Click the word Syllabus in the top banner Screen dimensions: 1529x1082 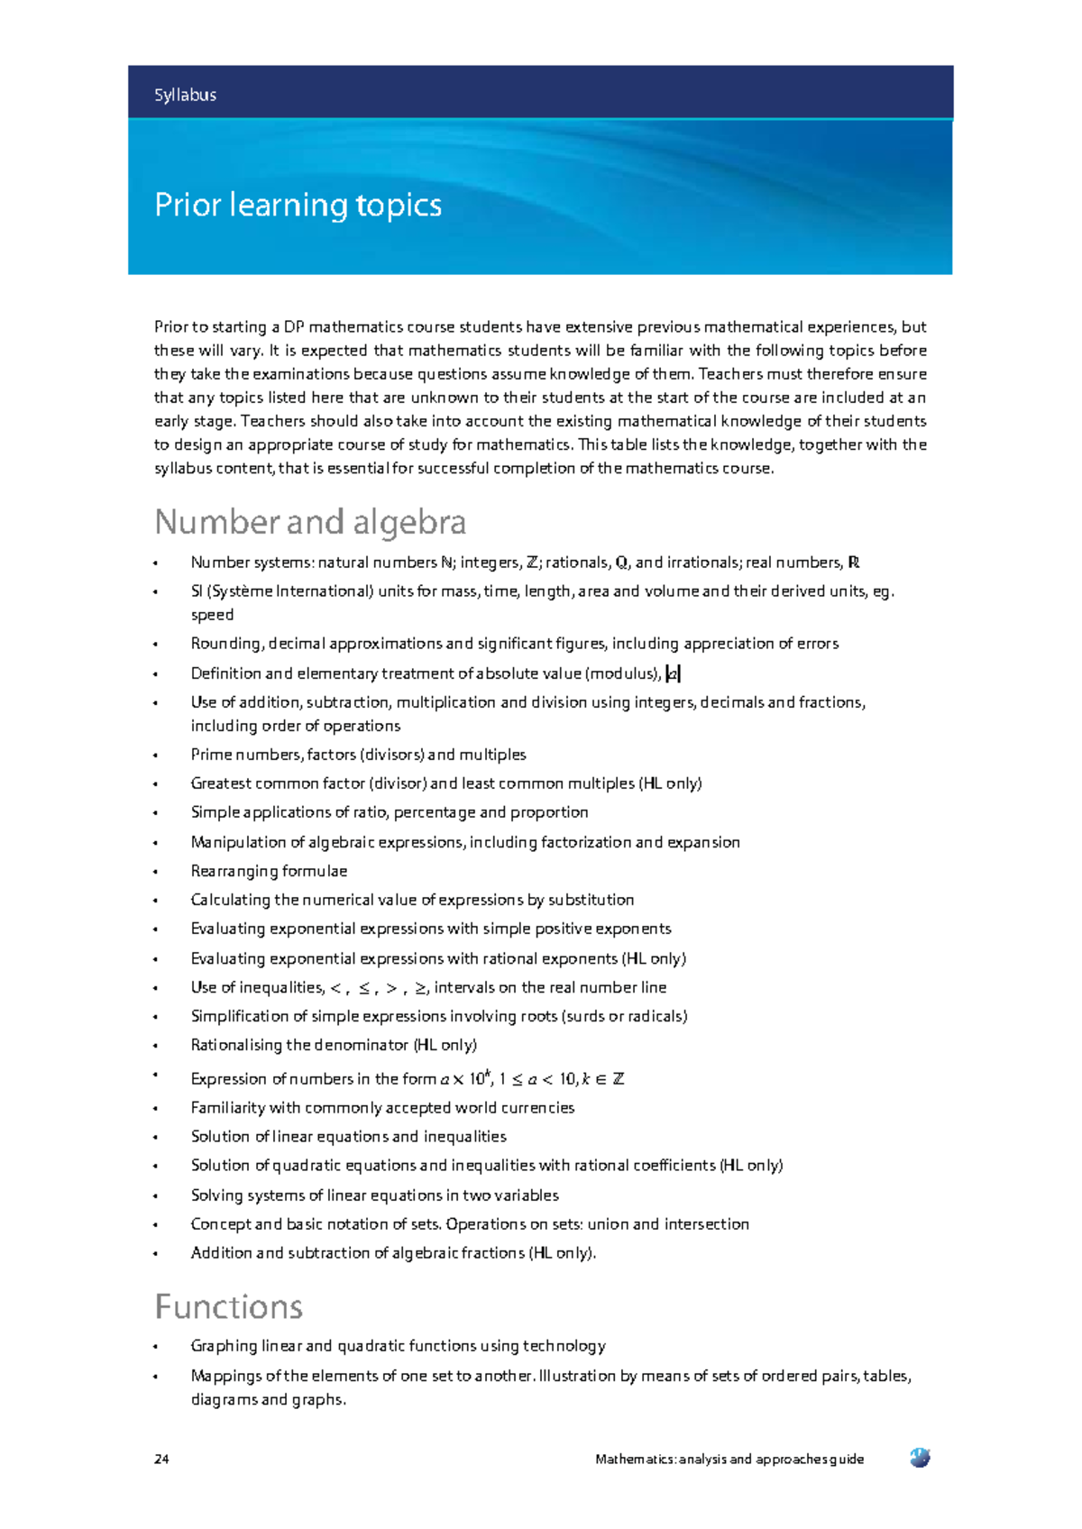tap(185, 95)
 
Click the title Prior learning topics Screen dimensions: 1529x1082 tap(298, 206)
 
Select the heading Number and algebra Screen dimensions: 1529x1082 tap(310, 523)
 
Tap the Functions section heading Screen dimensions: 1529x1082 tap(228, 1307)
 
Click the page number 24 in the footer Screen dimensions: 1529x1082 tap(161, 1459)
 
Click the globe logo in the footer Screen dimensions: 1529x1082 tap(920, 1457)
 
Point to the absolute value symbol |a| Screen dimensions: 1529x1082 tap(673, 673)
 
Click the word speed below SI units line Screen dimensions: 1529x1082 tap(212, 615)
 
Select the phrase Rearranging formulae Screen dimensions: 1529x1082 tap(269, 871)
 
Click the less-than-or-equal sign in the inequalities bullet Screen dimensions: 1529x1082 tap(363, 988)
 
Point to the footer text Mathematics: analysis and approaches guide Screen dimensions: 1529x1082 tap(729, 1459)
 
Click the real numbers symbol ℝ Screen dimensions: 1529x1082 tap(854, 563)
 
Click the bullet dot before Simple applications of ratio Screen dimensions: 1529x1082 tap(156, 813)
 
